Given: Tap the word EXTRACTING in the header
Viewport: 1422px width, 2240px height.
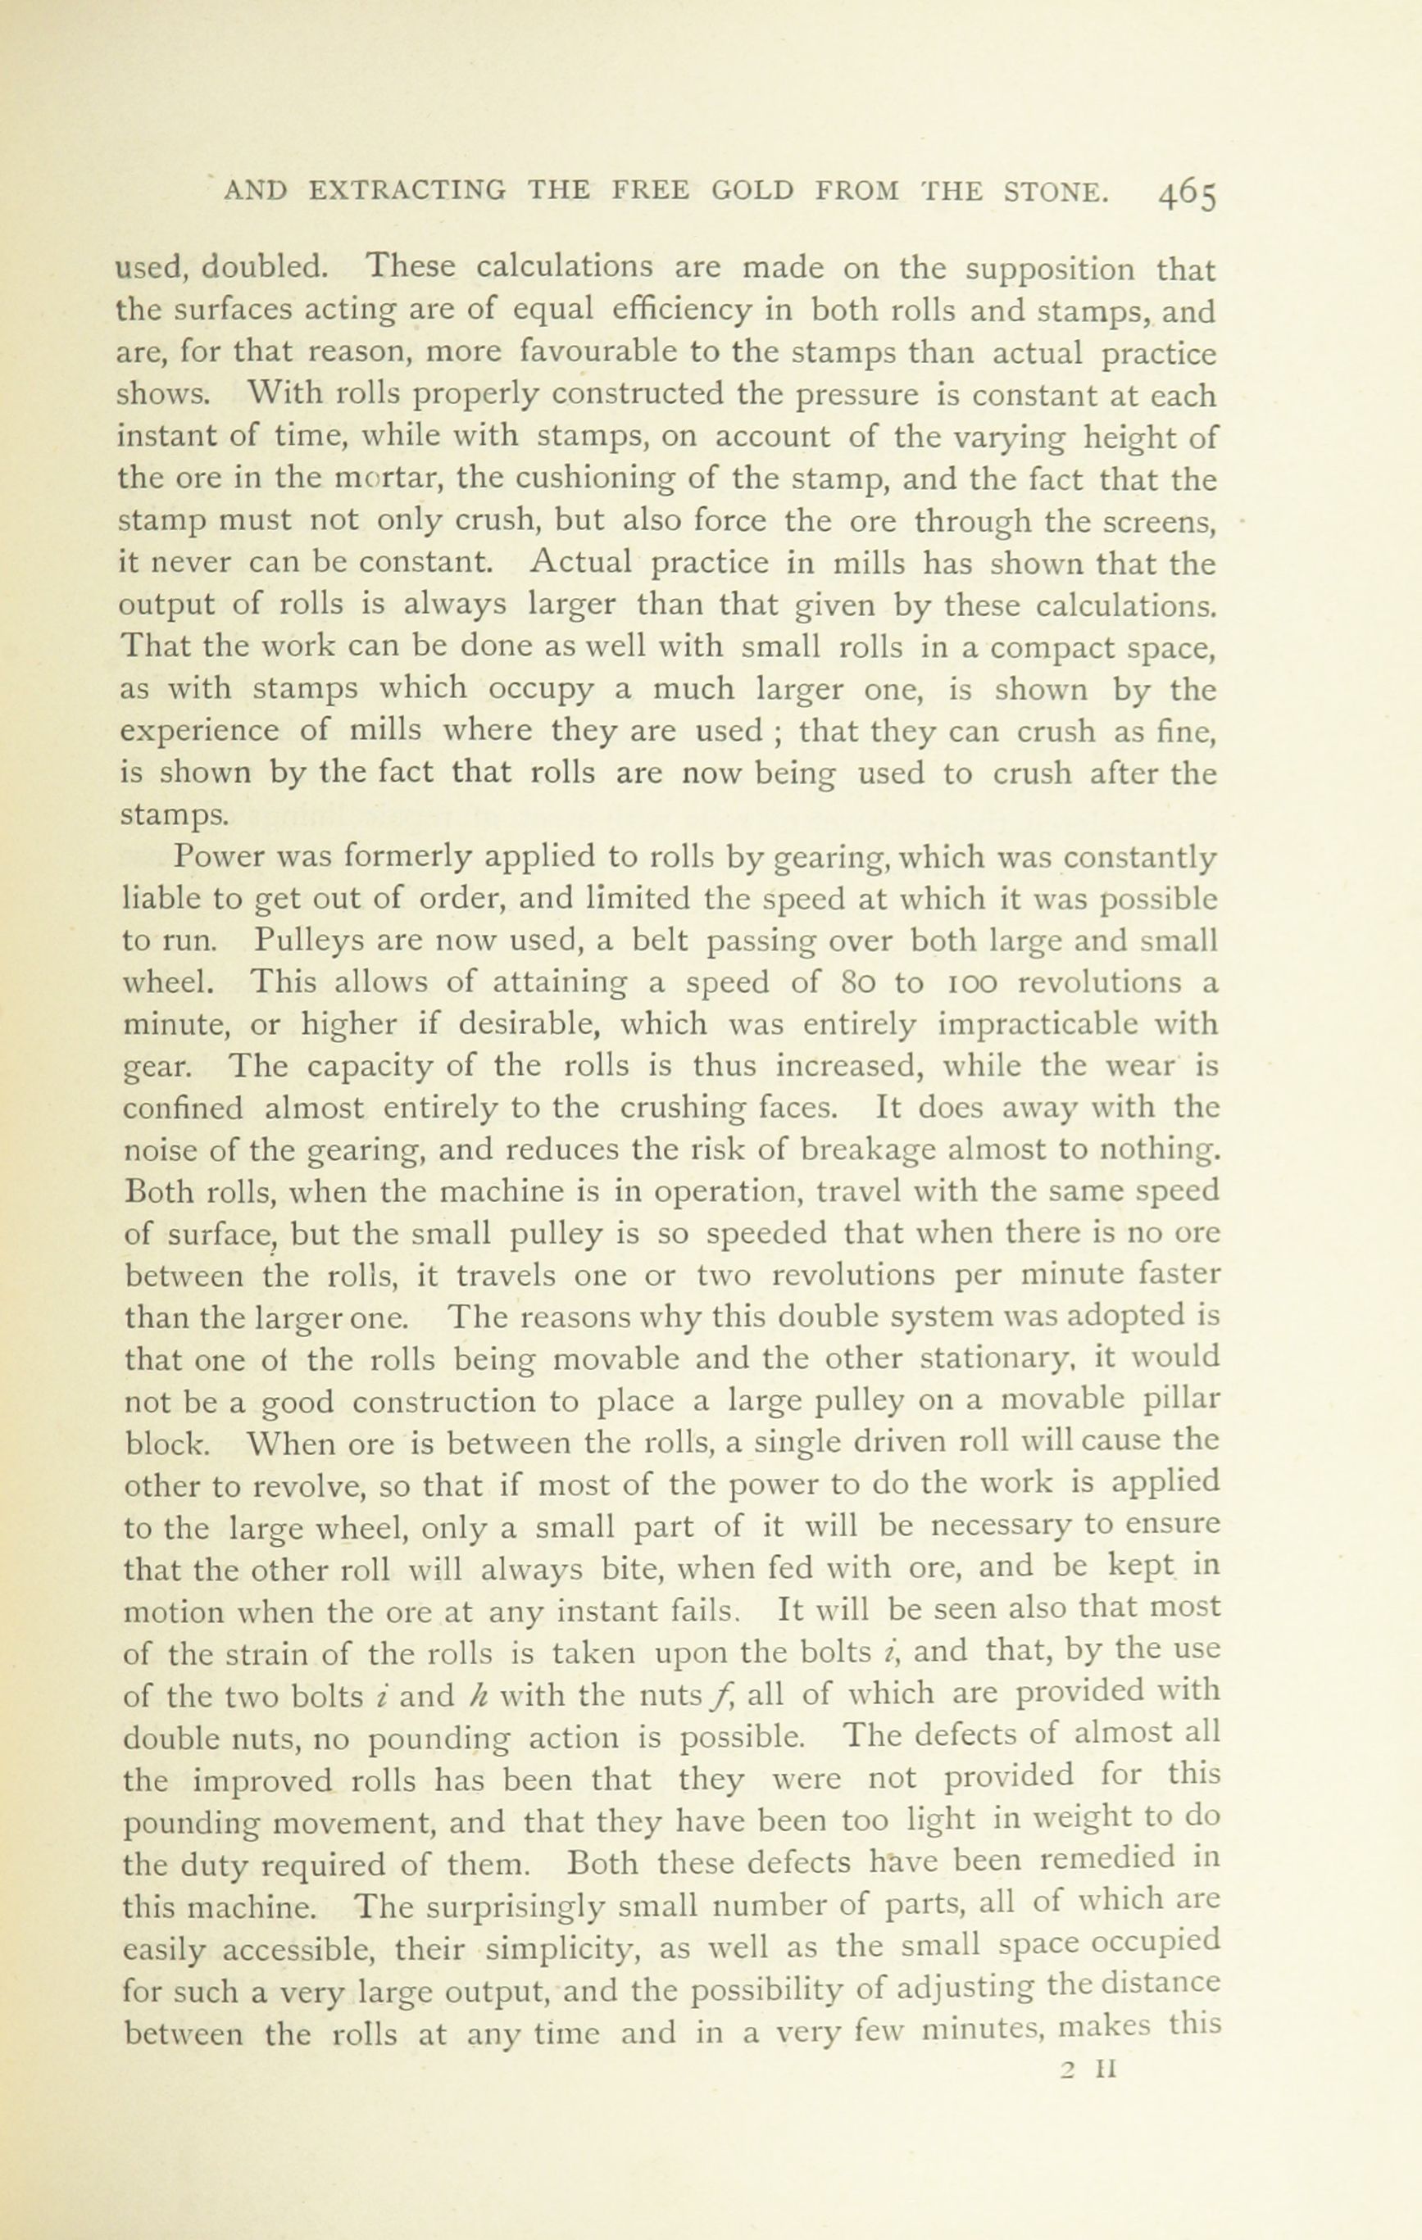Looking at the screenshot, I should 407,191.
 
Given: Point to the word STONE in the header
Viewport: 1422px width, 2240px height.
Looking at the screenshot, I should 1056,191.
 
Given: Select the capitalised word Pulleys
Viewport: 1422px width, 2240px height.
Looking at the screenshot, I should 314,941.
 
